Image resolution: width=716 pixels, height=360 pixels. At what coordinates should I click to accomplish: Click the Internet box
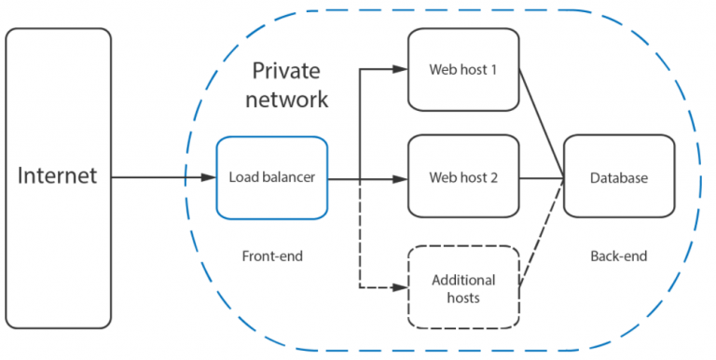tap(58, 177)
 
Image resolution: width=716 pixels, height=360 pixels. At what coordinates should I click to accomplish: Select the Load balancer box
tap(271, 177)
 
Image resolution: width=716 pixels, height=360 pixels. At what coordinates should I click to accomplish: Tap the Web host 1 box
tap(463, 69)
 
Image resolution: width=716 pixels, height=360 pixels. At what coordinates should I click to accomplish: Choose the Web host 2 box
tap(463, 177)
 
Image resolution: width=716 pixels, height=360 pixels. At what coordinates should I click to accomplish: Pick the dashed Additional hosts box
tap(463, 288)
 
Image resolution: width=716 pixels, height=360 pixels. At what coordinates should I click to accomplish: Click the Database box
tap(618, 177)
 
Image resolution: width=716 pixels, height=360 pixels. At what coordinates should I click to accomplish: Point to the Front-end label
tap(271, 255)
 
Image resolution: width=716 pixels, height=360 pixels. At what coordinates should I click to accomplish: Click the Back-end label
tap(618, 255)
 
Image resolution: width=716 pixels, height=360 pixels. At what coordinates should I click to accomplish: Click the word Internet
tap(58, 177)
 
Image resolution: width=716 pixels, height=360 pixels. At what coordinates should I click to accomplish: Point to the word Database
tap(618, 177)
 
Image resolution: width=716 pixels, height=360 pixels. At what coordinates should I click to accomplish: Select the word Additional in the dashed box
tap(463, 280)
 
